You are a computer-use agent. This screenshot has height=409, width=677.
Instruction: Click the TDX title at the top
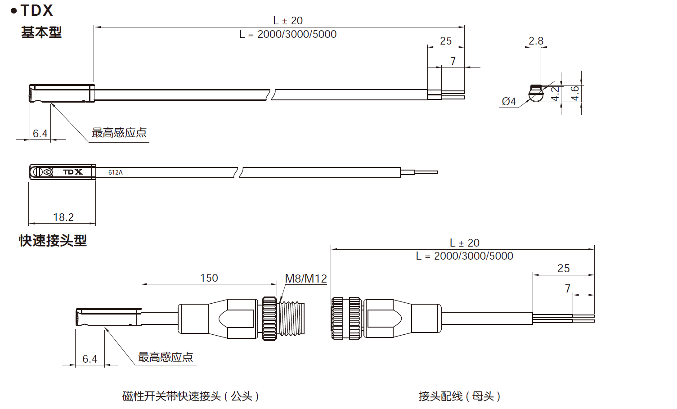tap(36, 10)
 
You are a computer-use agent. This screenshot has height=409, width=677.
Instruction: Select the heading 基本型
tap(41, 32)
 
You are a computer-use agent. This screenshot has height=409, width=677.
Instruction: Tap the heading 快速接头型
tap(53, 241)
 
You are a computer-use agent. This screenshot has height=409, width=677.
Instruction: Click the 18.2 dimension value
tap(63, 217)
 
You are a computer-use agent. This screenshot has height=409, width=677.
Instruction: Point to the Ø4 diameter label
tap(509, 102)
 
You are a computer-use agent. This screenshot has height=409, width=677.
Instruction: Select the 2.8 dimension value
tap(536, 41)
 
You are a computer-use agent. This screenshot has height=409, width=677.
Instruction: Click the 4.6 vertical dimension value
tap(575, 94)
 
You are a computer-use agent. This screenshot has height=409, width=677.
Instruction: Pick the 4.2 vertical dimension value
tap(556, 94)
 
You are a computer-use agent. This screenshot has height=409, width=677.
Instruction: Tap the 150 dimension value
tap(209, 278)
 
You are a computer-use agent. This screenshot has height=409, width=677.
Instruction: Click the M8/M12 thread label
tap(306, 279)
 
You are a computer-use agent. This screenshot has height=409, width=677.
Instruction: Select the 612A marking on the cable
tap(115, 172)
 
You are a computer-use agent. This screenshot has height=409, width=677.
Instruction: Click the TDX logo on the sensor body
tap(72, 172)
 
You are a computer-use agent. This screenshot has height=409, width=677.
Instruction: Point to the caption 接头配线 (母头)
tap(459, 396)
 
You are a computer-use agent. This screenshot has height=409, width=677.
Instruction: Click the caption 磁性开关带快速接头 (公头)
tap(190, 396)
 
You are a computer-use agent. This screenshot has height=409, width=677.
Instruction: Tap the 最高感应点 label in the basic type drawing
tap(119, 133)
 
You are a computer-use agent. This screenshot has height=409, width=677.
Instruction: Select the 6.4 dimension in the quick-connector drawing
tap(90, 359)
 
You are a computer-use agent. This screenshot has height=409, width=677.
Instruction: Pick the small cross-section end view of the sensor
tap(536, 94)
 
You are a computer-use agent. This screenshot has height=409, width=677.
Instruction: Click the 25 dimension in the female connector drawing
tap(563, 269)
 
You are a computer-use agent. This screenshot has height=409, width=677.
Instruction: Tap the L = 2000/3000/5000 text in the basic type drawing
tap(288, 34)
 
